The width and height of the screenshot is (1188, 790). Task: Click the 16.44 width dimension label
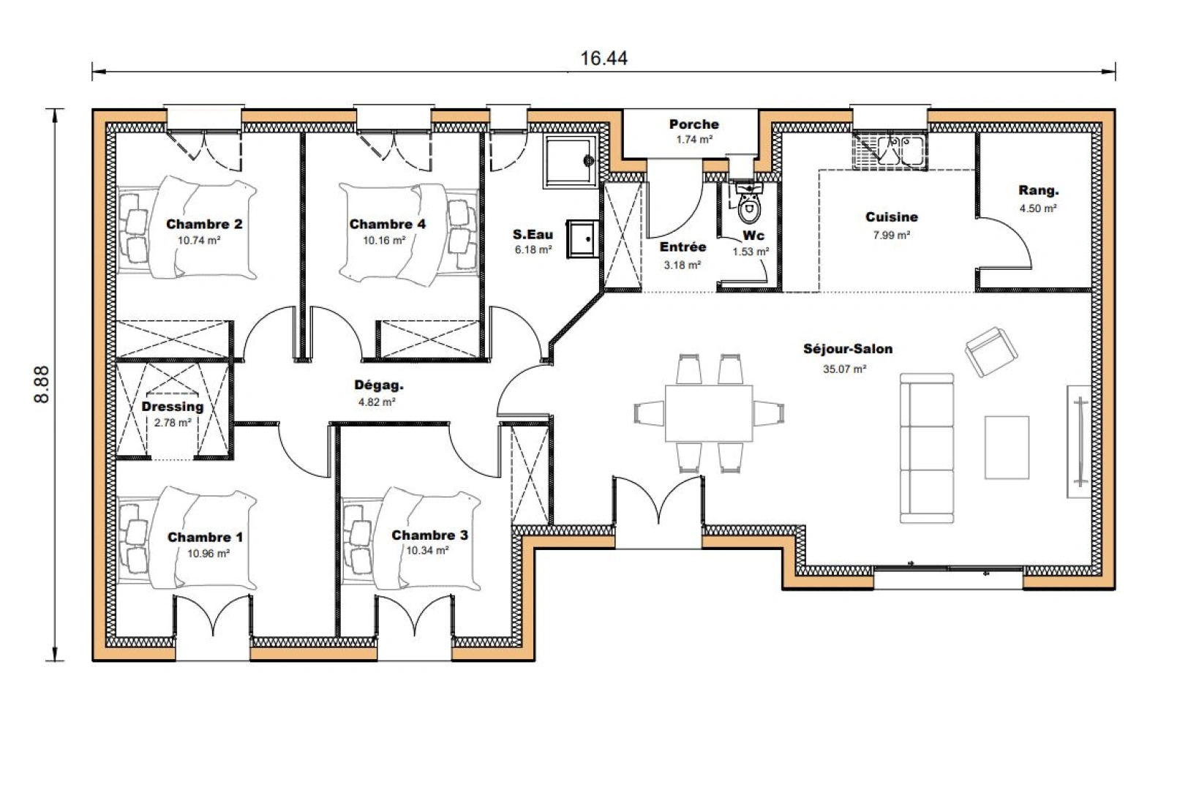click(x=604, y=59)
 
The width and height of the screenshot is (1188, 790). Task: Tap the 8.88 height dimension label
click(x=42, y=383)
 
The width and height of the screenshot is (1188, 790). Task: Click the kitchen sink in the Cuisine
click(x=890, y=150)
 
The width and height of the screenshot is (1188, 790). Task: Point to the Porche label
click(x=693, y=124)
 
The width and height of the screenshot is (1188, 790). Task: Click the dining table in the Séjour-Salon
click(x=708, y=413)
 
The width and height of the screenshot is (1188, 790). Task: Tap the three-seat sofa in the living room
click(x=926, y=448)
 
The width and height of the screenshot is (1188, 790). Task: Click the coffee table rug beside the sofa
click(x=1007, y=447)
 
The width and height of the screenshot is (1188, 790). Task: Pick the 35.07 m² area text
click(x=844, y=369)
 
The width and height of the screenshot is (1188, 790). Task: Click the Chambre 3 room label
click(x=429, y=535)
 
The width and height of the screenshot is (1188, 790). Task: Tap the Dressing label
click(x=173, y=407)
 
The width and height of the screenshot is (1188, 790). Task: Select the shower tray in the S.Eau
click(x=570, y=160)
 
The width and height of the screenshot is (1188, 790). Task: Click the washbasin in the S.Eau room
click(x=582, y=238)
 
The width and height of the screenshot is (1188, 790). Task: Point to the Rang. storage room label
click(x=1038, y=191)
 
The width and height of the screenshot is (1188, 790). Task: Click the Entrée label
click(x=683, y=247)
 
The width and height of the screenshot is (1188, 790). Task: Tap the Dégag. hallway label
click(x=378, y=385)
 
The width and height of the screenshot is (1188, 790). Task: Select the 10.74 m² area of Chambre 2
click(x=199, y=241)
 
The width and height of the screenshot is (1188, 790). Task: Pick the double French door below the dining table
click(x=658, y=505)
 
